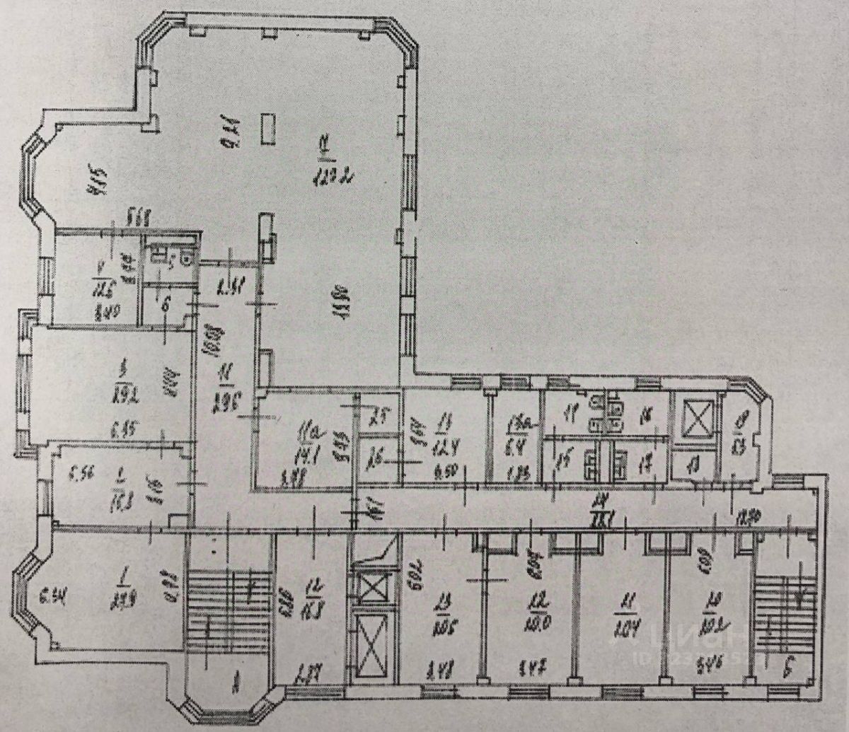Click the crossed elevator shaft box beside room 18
pyautogui.click(x=693, y=422)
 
